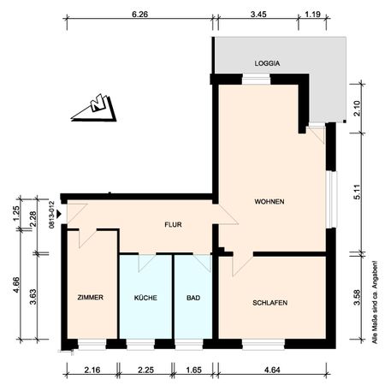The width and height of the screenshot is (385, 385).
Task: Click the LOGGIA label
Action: click(x=268, y=63)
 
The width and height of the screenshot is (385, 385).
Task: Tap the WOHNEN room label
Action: click(x=269, y=202)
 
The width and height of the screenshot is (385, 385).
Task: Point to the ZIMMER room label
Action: click(x=90, y=298)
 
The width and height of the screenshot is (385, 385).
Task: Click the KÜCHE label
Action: click(x=145, y=298)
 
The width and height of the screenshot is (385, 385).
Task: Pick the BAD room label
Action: click(x=193, y=298)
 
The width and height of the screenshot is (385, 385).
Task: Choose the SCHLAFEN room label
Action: click(x=269, y=304)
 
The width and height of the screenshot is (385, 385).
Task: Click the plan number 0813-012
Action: click(x=52, y=214)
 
